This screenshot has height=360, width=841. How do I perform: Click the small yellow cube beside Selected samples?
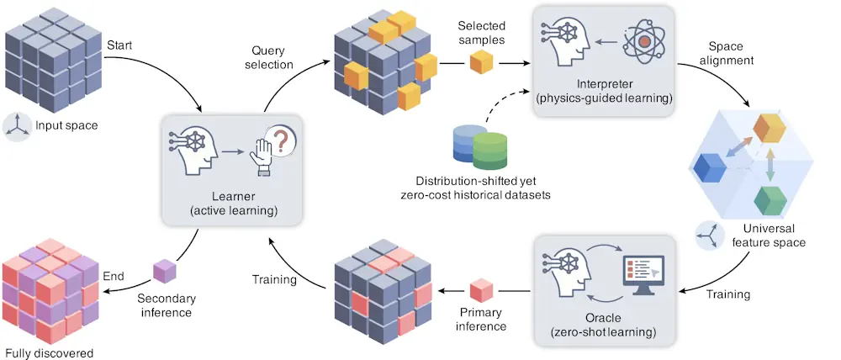[480, 62]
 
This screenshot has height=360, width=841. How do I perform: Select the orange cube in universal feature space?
[769, 126]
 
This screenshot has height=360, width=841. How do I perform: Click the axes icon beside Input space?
[19, 125]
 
